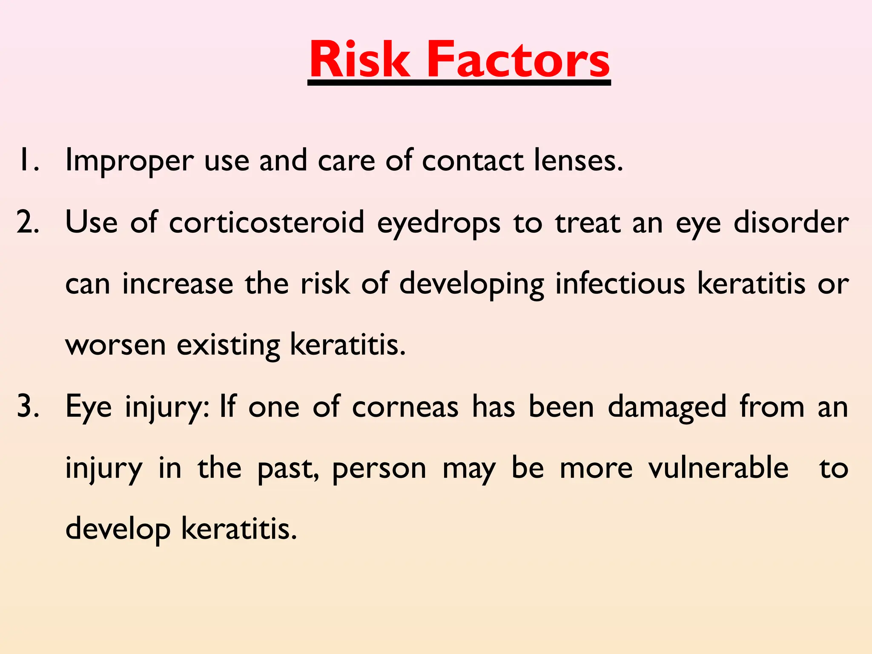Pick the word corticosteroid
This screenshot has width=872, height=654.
point(267,222)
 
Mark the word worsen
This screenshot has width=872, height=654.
point(115,345)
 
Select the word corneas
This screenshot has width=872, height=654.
point(405,407)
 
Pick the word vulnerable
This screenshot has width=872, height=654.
point(718,468)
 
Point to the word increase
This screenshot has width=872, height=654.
point(178,284)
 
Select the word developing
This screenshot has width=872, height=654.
point(472,284)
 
